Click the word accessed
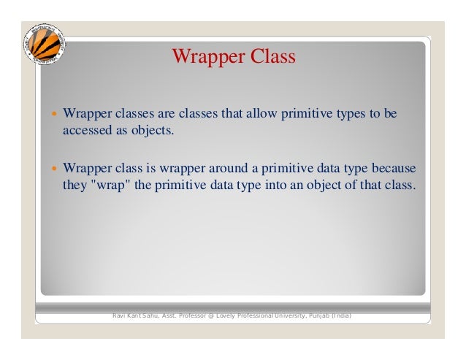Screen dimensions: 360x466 [85, 131]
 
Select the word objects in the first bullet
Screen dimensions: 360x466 [153, 131]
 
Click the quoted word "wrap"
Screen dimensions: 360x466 [110, 185]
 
